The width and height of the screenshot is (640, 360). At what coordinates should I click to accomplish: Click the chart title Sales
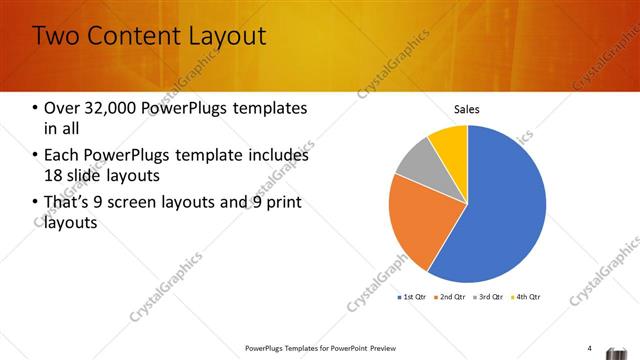[x=467, y=109]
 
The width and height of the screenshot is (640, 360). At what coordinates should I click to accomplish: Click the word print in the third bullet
[x=285, y=204]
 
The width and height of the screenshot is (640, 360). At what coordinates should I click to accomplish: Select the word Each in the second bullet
[x=62, y=156]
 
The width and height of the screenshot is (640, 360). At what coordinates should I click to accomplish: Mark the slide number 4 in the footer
[x=590, y=348]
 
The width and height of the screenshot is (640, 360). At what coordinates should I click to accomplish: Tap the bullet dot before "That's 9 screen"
[x=36, y=204]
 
